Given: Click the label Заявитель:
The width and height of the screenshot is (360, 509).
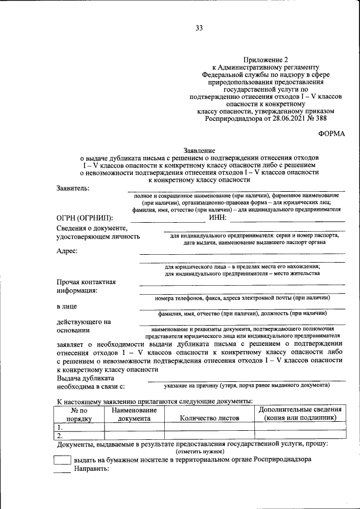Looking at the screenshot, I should tap(73, 188).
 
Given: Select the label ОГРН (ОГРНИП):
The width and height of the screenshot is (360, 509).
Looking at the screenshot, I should tap(84, 218).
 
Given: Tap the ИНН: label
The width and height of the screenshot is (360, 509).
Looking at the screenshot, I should tap(217, 218).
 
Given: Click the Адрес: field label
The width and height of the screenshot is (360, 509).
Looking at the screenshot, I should tap(67, 251).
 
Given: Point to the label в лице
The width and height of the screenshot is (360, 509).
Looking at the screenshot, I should tap(67, 307).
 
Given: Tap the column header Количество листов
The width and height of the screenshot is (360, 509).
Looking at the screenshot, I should tap(209, 418).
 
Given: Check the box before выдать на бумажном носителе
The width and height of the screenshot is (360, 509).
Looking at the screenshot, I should tap(61, 460).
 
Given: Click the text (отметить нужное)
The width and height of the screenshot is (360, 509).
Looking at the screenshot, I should tap(200, 452).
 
